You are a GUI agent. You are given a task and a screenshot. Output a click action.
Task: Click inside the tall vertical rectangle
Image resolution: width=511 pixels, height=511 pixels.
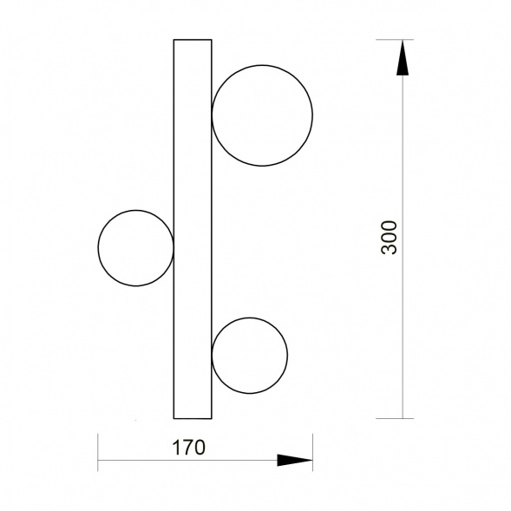pos(193,229)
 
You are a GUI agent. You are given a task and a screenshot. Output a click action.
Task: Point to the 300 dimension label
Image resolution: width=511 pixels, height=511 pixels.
pos(390,238)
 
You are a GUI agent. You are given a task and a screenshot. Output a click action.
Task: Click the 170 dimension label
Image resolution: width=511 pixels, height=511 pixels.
pos(188,448)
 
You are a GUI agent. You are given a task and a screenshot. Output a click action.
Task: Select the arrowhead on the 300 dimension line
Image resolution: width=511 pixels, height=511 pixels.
pos(403,57)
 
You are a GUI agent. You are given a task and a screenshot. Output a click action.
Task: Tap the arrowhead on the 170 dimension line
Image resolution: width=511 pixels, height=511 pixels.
pos(295,460)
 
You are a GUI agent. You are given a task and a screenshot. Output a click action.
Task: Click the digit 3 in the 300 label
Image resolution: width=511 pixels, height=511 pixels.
pos(390,249)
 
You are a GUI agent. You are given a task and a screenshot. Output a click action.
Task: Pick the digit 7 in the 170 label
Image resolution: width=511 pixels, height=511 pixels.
pos(188,448)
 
